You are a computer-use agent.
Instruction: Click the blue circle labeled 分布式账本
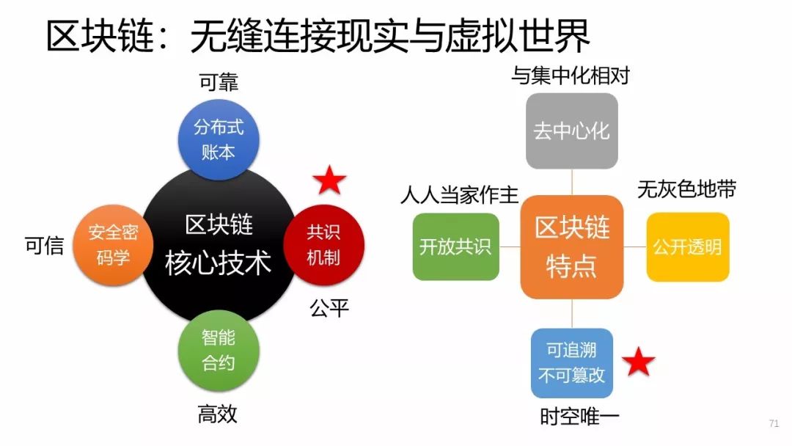(x=219, y=139)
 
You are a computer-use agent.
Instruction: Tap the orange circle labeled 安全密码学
(x=113, y=244)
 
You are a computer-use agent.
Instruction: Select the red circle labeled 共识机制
(x=323, y=244)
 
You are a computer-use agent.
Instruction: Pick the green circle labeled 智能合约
(x=219, y=350)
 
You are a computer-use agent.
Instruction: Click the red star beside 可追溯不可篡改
(x=639, y=362)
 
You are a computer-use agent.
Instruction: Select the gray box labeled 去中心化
(x=572, y=131)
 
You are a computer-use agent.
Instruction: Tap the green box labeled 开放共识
(x=455, y=246)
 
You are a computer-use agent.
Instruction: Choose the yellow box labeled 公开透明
(x=687, y=246)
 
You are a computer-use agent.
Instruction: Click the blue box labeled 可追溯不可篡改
(x=572, y=363)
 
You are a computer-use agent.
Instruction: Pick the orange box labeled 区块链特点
(x=572, y=246)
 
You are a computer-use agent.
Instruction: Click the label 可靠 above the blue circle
(x=219, y=82)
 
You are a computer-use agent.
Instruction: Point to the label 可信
(x=45, y=245)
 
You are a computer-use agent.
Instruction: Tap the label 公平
(x=329, y=308)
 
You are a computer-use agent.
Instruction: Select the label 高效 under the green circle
(x=218, y=414)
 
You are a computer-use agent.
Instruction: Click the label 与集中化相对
(x=571, y=76)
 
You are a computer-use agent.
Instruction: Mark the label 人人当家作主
(x=459, y=194)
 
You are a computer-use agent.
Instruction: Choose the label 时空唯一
(x=579, y=417)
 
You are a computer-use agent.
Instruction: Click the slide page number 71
(x=774, y=423)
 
